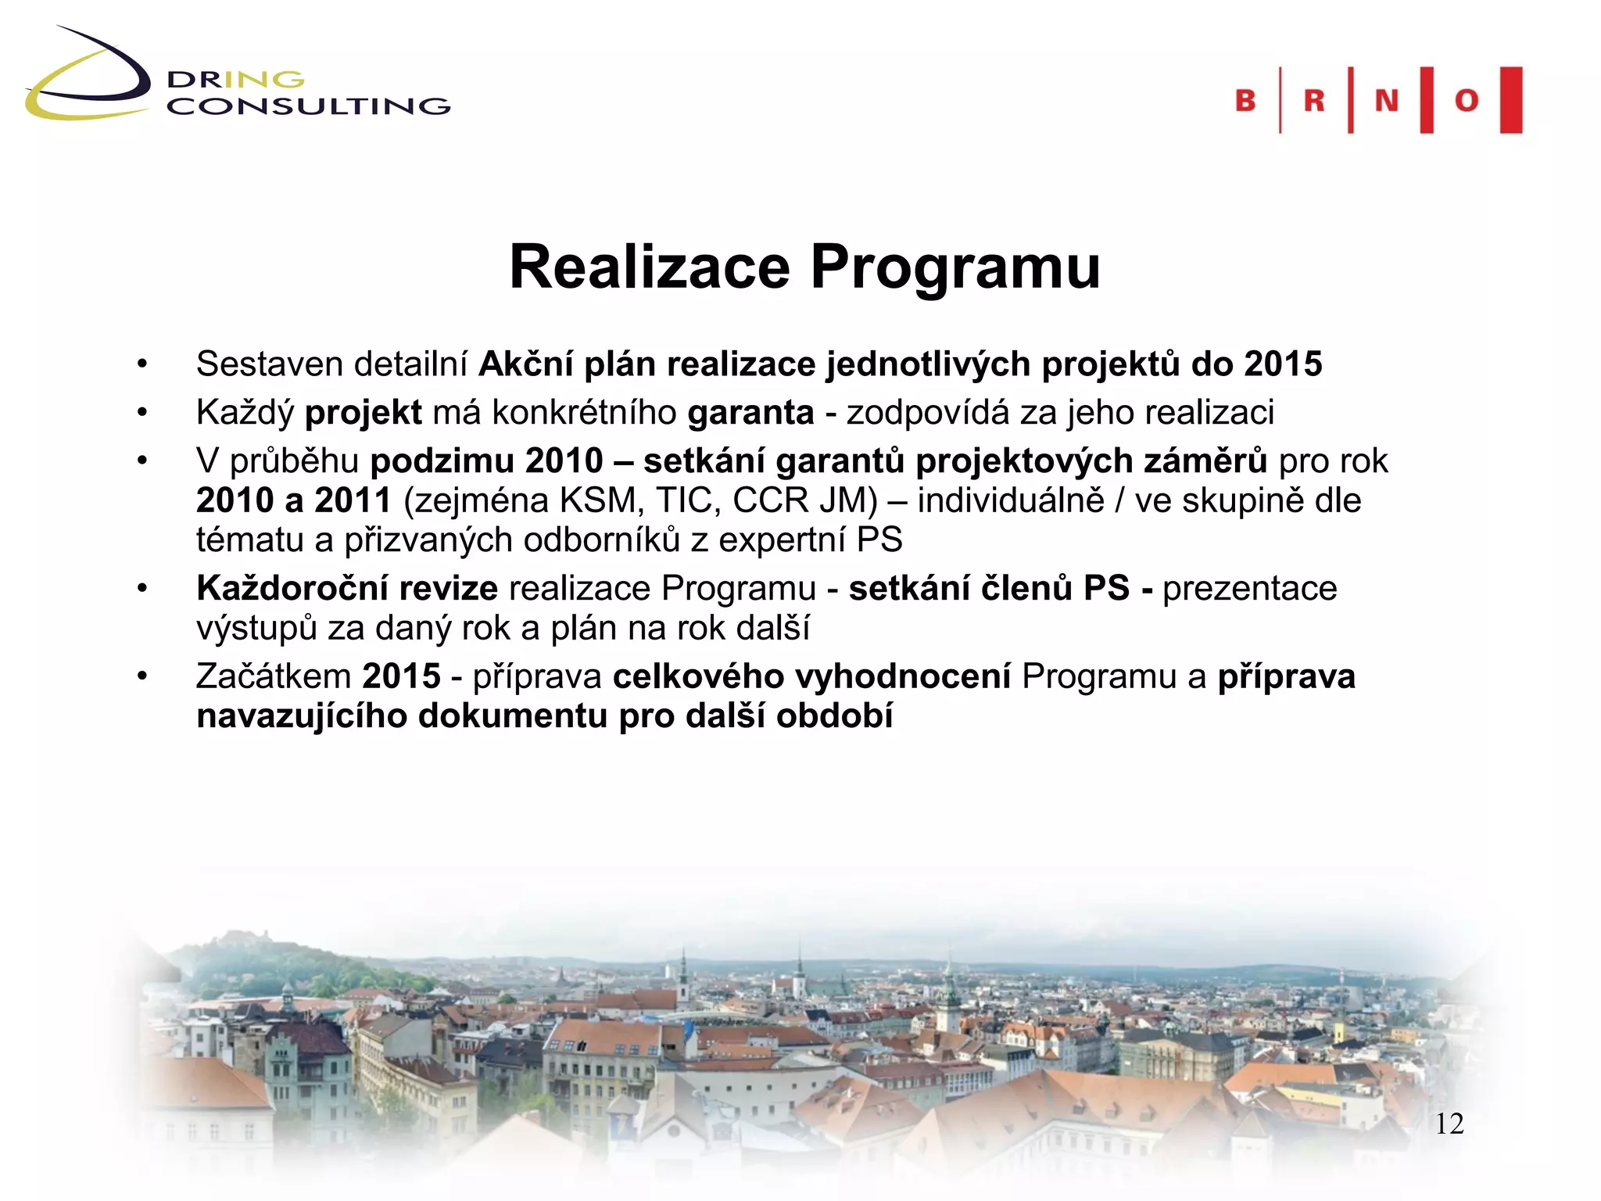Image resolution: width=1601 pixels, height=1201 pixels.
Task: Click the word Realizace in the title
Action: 650,267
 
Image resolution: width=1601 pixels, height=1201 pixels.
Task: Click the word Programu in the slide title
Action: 955,267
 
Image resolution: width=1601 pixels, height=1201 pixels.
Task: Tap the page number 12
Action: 1449,1124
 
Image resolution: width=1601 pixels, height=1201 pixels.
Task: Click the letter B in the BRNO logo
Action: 1245,101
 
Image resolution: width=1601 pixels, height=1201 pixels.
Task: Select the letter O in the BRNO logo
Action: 1467,101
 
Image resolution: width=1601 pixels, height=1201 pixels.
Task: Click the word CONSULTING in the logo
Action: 309,106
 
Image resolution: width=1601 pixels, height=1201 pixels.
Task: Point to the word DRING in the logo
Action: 235,80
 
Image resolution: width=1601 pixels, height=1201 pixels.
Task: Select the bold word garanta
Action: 750,413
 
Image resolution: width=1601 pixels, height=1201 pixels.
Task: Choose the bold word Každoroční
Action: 347,588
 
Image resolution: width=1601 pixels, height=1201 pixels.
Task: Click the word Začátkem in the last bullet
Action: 274,676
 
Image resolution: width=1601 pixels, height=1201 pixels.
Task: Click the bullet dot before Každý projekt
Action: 141,413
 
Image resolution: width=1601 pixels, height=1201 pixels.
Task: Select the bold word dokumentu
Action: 513,716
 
